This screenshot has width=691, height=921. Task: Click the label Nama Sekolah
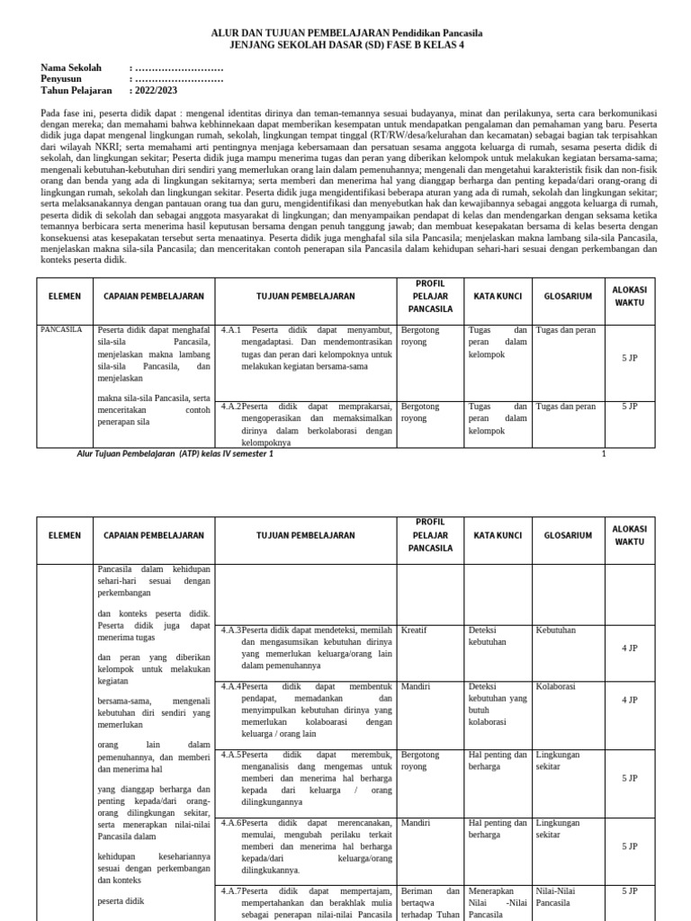pos(72,67)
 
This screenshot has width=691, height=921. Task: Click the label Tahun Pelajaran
pos(76,91)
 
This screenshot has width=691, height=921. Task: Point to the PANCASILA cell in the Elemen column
pos(61,330)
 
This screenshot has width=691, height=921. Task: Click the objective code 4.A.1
pos(232,330)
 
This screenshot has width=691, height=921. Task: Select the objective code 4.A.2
pos(231,407)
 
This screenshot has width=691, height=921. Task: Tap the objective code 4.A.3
pos(231,630)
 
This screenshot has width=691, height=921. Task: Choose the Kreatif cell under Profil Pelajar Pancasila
pos(414,630)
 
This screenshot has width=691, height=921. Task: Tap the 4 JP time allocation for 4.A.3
pos(630,648)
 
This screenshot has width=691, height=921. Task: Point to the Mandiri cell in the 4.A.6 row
pos(416,822)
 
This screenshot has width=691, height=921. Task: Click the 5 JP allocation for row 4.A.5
pos(630,778)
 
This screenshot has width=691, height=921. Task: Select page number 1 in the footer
pos(604,454)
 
